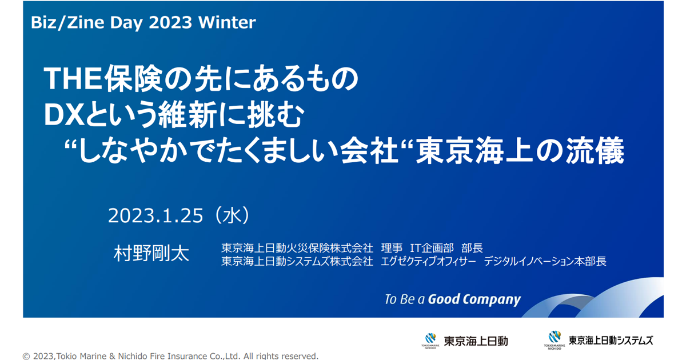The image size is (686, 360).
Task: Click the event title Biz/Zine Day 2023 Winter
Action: [x=143, y=22]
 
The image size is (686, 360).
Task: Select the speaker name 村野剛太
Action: [x=151, y=254]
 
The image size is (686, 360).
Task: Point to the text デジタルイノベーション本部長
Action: [x=545, y=262]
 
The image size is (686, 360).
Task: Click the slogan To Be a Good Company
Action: [x=453, y=299]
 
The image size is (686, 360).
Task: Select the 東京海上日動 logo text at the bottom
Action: [x=476, y=341]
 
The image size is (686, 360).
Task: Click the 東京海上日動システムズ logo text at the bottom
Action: [x=611, y=341]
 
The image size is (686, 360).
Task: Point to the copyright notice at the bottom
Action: [x=170, y=355]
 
